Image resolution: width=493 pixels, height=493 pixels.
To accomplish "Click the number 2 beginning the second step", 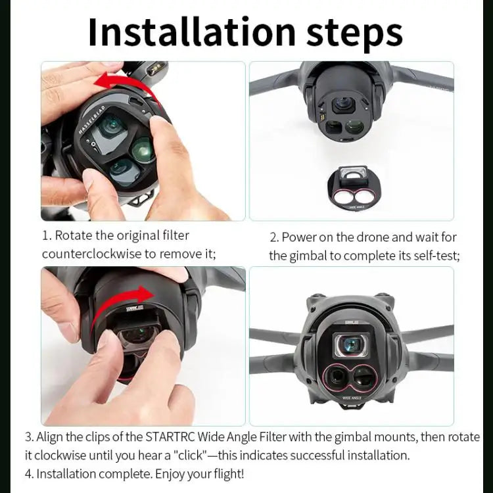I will click(x=273, y=237).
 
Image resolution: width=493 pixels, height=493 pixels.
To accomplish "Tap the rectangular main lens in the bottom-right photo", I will click(x=351, y=344).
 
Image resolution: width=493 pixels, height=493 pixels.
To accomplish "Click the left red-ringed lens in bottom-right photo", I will click(x=337, y=377).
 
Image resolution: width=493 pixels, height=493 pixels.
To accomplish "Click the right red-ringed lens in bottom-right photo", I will click(x=365, y=377).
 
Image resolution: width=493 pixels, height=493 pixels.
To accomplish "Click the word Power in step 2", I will click(x=296, y=237).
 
